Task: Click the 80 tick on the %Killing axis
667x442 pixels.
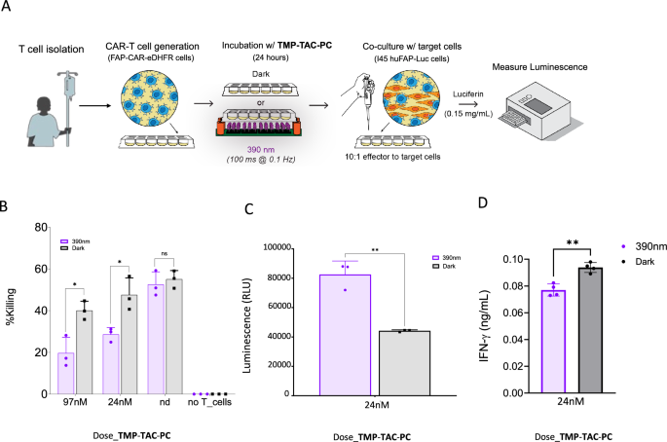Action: pos(41,227)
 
